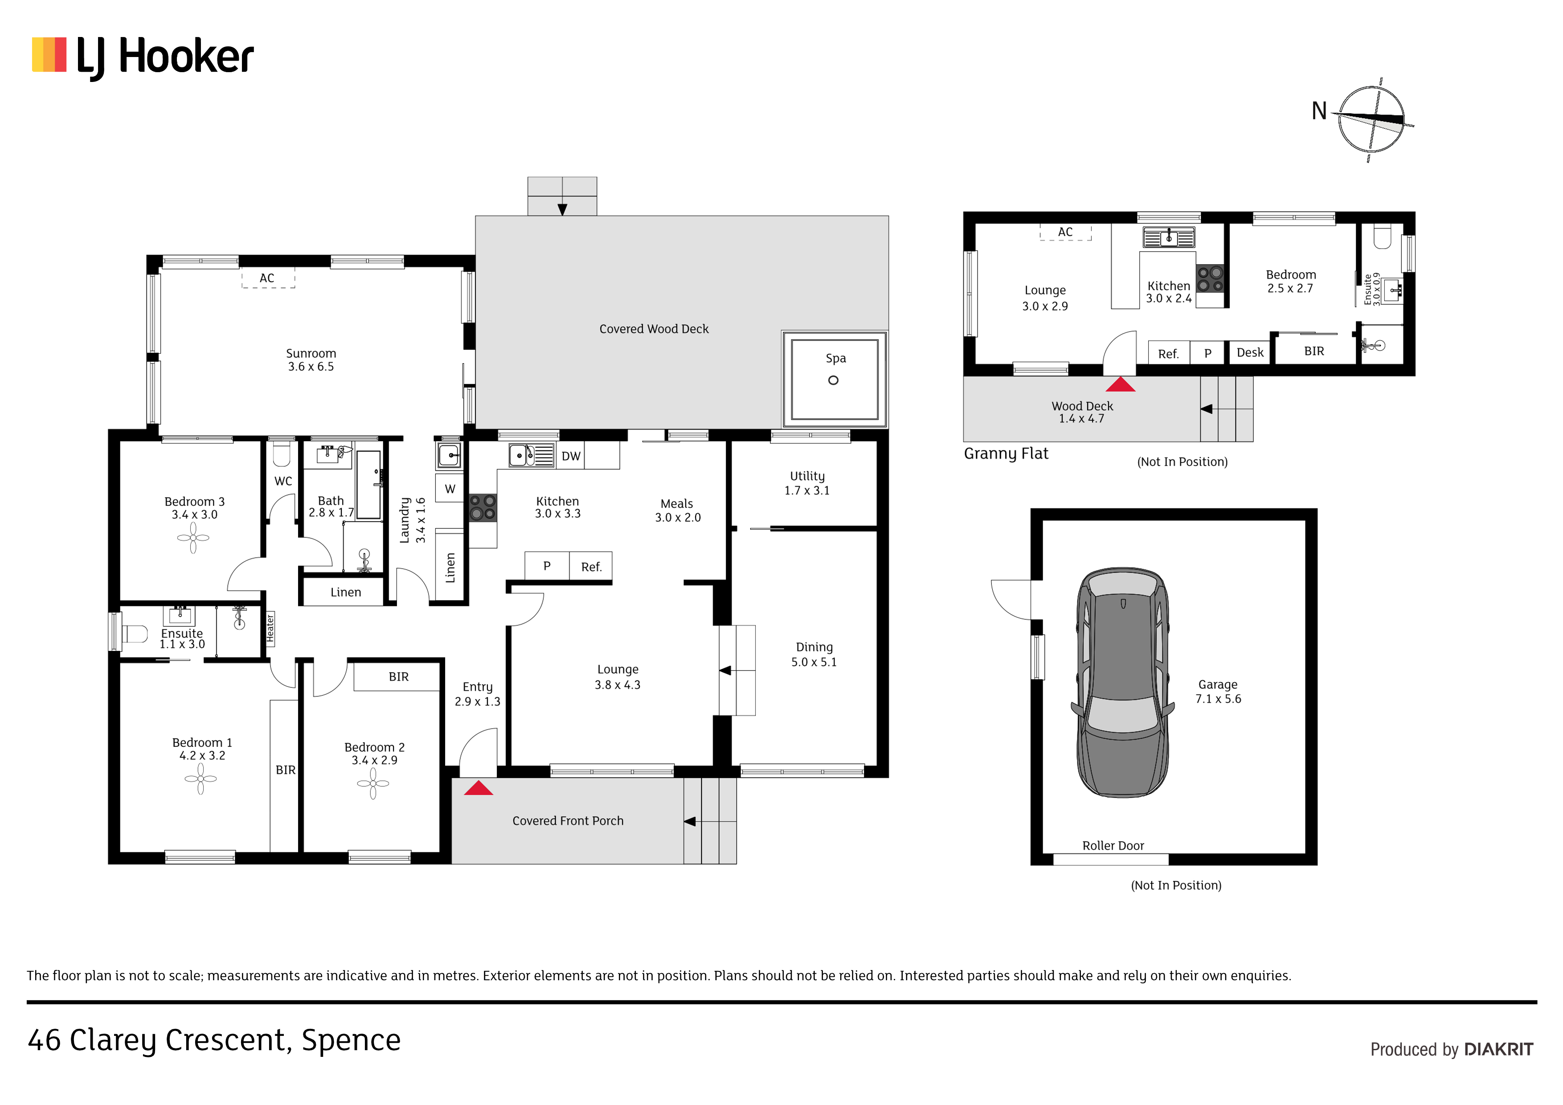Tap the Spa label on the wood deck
pos(835,358)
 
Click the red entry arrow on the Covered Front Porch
pos(479,788)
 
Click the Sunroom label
pos(311,353)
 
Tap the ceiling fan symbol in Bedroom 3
pos(193,538)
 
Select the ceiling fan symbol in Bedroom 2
pos(373,784)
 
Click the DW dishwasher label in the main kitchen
pos(571,456)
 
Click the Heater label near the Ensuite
pos(270,628)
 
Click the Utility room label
pos(807,476)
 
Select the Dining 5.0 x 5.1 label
pos(814,654)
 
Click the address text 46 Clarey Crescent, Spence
pos(214,1041)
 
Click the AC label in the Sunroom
pos(267,278)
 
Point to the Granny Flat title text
pos(1006,454)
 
